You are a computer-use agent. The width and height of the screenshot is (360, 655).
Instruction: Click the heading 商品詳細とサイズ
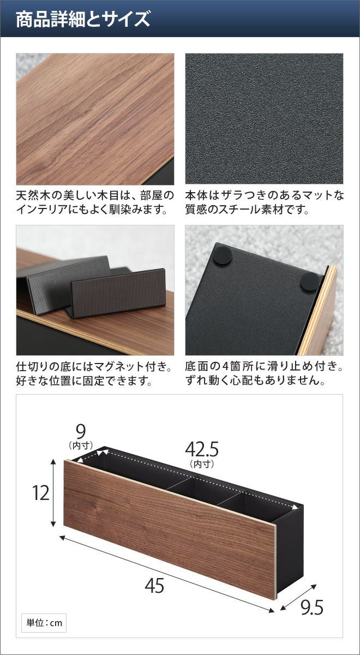[83, 19]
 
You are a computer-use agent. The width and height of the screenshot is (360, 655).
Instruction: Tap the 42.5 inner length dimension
[202, 449]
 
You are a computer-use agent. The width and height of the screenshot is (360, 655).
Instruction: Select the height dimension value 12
[40, 493]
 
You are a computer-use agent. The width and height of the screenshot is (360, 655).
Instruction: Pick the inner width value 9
[81, 431]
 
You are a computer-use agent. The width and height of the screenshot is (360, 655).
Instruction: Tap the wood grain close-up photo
[95, 119]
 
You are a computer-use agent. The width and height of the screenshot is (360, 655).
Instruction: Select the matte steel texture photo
[264, 118]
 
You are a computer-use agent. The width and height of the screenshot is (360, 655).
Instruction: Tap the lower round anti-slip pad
[310, 282]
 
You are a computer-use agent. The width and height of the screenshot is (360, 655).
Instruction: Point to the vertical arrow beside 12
[53, 493]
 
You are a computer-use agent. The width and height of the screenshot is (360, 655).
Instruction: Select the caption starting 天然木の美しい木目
[95, 203]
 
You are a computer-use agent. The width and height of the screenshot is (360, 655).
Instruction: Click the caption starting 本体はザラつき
[265, 203]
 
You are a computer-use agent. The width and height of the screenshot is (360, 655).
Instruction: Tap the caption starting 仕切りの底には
[93, 373]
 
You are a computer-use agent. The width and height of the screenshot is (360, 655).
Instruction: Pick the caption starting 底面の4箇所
[265, 373]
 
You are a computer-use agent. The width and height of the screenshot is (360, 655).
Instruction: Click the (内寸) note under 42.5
[202, 464]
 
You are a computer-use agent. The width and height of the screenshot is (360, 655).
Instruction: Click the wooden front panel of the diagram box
[170, 526]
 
